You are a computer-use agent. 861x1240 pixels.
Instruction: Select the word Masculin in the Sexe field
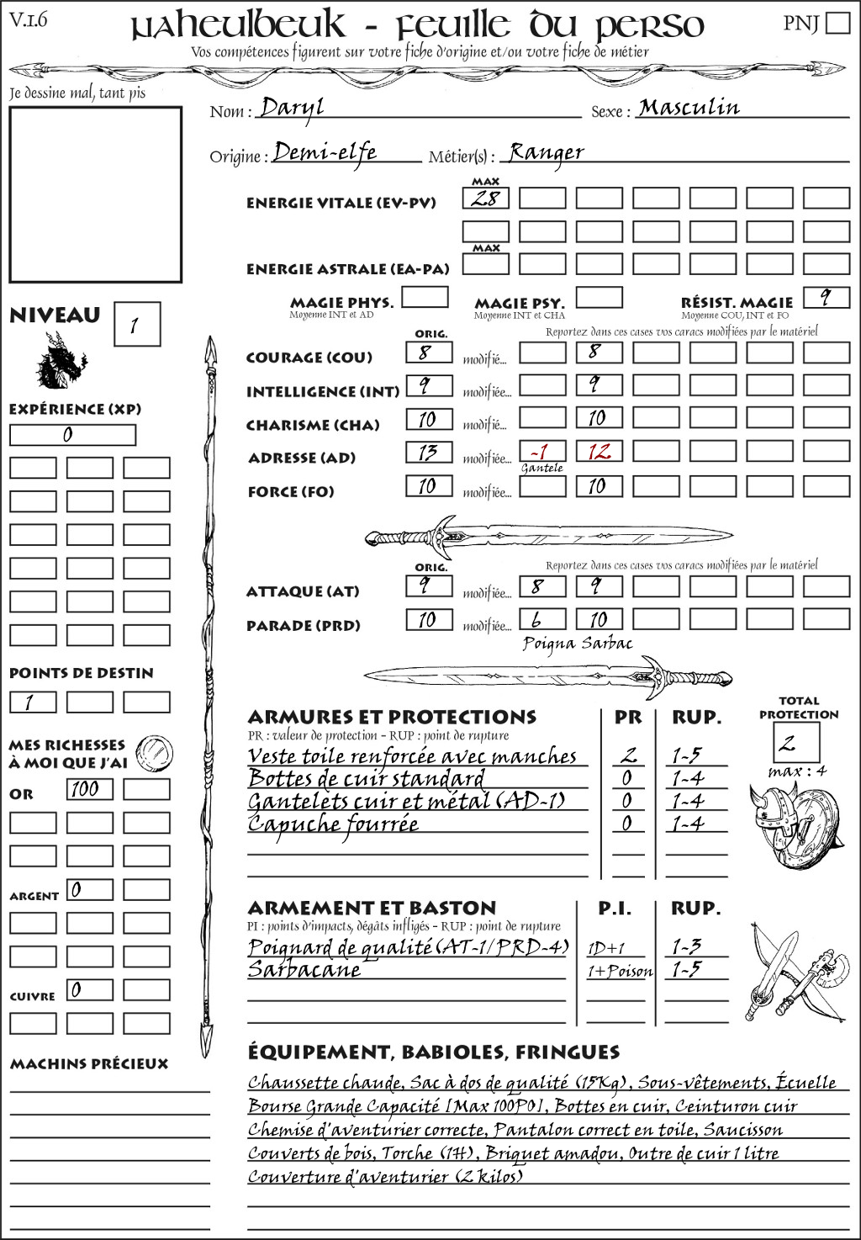click(x=689, y=108)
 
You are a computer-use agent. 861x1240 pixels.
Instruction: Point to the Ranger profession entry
click(x=546, y=152)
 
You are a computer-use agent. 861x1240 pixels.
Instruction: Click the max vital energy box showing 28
click(x=486, y=199)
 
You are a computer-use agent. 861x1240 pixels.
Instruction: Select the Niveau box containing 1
click(x=136, y=325)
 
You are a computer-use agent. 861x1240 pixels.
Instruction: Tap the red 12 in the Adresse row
click(x=600, y=452)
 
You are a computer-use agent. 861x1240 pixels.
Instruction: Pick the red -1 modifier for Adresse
click(x=542, y=452)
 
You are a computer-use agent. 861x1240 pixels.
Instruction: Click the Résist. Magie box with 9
click(x=826, y=298)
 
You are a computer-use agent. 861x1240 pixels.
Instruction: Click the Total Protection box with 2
click(x=796, y=743)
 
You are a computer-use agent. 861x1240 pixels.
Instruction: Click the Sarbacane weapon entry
click(x=304, y=969)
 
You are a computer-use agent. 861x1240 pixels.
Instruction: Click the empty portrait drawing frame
click(x=95, y=194)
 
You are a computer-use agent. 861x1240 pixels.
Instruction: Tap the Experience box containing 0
click(x=72, y=435)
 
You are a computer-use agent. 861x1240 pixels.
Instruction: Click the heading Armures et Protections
click(x=392, y=718)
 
